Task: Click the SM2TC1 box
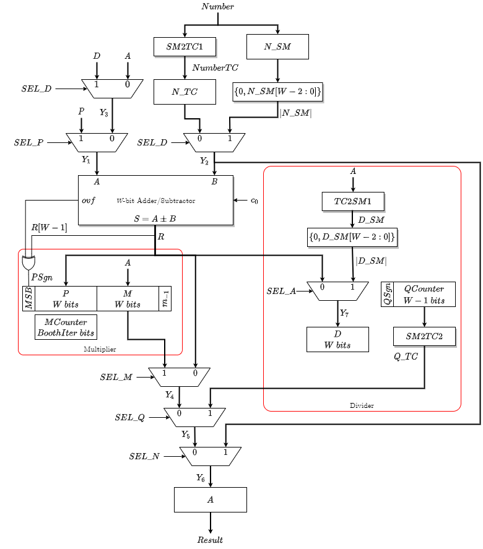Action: (x=185, y=47)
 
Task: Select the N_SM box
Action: (x=277, y=47)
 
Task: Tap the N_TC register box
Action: (x=185, y=92)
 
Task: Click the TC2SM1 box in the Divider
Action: (x=353, y=201)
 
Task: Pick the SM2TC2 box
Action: (x=424, y=337)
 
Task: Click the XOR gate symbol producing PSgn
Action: (x=28, y=262)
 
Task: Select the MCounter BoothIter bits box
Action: (x=66, y=327)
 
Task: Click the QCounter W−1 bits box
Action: (x=424, y=295)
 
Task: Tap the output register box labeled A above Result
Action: (x=211, y=499)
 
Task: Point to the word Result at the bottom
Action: (x=211, y=540)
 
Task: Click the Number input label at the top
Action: (x=218, y=6)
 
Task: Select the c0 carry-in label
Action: (x=254, y=201)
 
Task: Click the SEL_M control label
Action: (x=116, y=376)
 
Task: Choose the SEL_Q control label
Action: (x=129, y=417)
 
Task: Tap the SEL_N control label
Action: (x=144, y=456)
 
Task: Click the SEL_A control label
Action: (x=281, y=291)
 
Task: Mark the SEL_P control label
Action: (x=28, y=142)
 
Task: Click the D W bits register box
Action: (x=337, y=339)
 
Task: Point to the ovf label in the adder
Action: (x=89, y=201)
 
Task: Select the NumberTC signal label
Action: (x=215, y=68)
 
